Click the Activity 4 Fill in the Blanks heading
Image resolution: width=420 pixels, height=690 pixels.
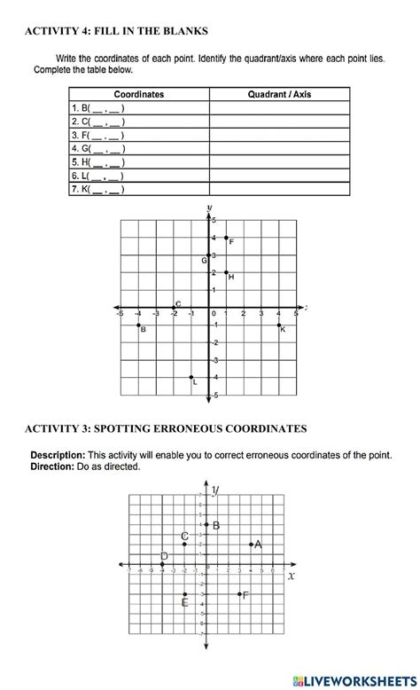[116, 31]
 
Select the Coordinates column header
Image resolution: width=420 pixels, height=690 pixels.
[139, 94]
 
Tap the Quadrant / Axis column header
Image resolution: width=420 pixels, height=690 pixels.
[279, 94]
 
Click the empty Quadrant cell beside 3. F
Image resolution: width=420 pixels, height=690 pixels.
[279, 135]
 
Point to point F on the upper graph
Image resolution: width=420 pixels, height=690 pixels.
[227, 238]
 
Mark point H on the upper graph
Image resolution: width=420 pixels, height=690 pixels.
[227, 272]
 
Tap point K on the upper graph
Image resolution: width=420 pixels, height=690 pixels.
[278, 325]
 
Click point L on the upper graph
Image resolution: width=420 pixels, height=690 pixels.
[191, 377]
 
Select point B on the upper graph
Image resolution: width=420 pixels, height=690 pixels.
[138, 325]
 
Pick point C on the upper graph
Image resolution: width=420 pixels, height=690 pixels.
[174, 308]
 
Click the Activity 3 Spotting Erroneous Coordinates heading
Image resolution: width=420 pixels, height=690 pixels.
[166, 429]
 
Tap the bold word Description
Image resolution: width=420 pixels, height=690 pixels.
[56, 455]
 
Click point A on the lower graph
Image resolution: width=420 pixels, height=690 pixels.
[252, 544]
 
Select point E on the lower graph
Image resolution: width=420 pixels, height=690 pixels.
[184, 594]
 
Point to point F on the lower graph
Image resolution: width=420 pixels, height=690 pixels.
[239, 594]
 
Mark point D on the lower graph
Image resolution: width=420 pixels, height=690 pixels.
[162, 563]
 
